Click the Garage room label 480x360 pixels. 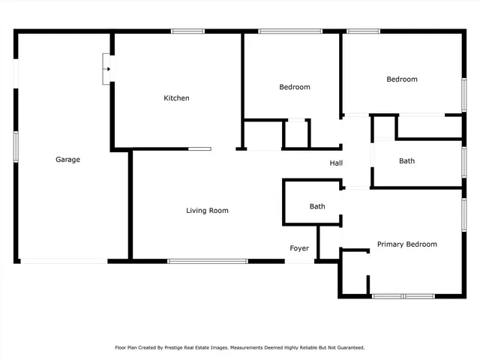[67, 159]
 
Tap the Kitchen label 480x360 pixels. [177, 98]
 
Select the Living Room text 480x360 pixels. [207, 211]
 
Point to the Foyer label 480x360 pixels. [299, 248]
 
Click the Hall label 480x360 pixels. [336, 163]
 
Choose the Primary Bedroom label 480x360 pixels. [406, 244]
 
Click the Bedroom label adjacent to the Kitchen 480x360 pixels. [294, 87]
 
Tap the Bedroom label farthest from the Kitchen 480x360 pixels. [401, 79]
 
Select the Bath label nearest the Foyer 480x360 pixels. [317, 206]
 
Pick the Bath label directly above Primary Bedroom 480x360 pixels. [406, 160]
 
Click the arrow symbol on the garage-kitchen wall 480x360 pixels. [108, 70]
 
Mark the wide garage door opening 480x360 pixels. [63, 261]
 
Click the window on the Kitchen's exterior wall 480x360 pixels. [187, 31]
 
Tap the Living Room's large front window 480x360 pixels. [208, 261]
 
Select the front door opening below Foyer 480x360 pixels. [299, 262]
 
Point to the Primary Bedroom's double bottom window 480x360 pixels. [403, 296]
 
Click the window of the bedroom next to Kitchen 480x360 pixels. [290, 31]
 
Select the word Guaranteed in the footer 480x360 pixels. [349, 347]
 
